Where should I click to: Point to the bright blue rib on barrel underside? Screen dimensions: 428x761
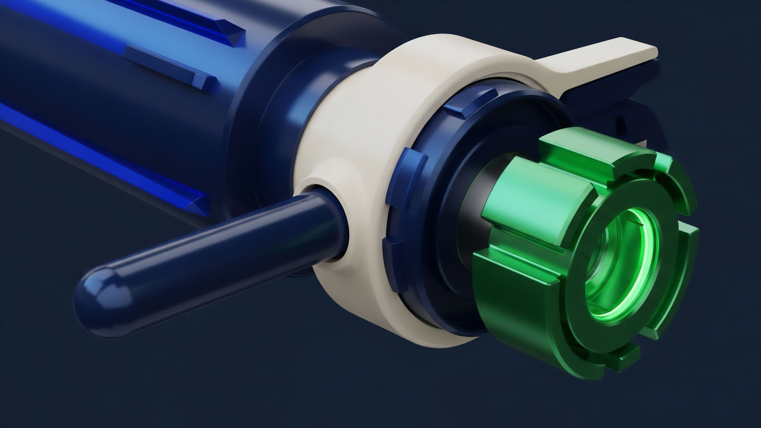click(x=103, y=156)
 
